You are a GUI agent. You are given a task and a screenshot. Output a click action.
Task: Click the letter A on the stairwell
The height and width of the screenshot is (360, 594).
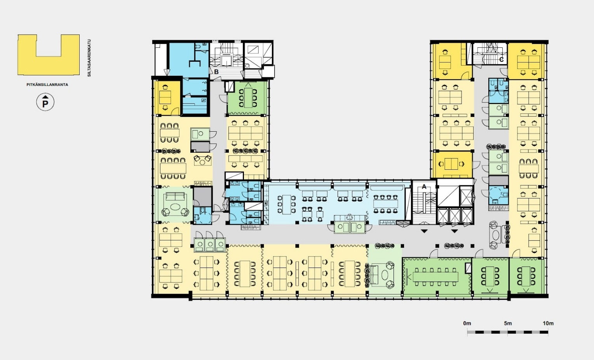tap(424, 187)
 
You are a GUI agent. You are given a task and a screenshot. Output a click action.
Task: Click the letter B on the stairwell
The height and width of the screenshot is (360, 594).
tap(216, 72)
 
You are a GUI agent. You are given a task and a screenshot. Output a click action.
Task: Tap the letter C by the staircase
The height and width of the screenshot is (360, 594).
tap(501, 60)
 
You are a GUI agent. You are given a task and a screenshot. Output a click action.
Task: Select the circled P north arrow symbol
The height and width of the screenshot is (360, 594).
tap(45, 102)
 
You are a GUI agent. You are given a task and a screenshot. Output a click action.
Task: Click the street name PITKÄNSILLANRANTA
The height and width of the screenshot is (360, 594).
tap(47, 85)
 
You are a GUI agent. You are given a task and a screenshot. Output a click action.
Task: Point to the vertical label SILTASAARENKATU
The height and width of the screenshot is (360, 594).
tap(89, 58)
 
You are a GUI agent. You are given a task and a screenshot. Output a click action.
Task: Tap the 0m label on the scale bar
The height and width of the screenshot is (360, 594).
tap(467, 323)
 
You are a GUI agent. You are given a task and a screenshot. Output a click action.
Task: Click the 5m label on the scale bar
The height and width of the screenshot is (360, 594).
tap(508, 323)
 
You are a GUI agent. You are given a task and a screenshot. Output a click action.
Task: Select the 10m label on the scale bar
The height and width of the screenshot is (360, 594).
tap(548, 323)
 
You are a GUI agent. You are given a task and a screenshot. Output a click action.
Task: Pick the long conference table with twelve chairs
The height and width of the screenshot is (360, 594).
tap(435, 277)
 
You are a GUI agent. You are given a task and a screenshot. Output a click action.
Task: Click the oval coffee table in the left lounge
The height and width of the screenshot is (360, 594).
tap(175, 206)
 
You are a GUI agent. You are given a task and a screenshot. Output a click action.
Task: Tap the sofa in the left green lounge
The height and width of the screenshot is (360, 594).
tap(175, 197)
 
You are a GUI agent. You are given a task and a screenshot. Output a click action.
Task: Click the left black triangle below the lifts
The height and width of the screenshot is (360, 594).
tap(424, 231)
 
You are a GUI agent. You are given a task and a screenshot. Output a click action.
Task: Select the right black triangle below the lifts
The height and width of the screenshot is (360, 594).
tap(455, 231)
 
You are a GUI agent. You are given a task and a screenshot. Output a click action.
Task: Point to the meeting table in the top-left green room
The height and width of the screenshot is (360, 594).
tap(248, 97)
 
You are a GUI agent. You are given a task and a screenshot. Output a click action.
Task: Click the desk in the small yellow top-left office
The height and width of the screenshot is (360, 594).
tap(165, 97)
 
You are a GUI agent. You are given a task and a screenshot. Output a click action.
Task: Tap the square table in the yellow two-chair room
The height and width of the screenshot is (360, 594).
tap(451, 164)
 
